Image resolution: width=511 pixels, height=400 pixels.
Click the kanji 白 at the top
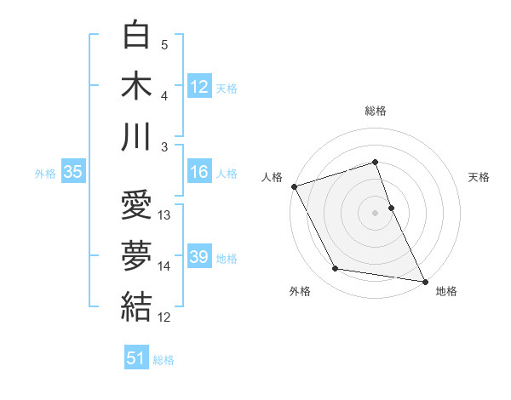pos(136,35)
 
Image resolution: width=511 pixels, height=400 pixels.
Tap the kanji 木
pos(136,85)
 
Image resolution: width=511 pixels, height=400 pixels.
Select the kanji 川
pos(136,136)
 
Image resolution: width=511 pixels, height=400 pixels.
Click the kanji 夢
pos(136,256)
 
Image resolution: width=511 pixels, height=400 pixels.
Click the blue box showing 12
pos(198,86)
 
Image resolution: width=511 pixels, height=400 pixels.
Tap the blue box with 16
pos(198,172)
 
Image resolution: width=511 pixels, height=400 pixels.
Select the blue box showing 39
pos(198,257)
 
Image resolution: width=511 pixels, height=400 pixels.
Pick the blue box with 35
pos(72,172)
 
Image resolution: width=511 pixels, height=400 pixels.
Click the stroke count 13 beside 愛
pos(165,215)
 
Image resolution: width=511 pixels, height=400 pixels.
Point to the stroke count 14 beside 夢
pos(165,266)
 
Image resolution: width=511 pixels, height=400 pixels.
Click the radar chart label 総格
pos(376,111)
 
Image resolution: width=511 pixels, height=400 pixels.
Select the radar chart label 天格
pos(479,177)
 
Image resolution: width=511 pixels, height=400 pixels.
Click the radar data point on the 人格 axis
pos(294,186)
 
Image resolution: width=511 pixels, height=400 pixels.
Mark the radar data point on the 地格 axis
pos(424,280)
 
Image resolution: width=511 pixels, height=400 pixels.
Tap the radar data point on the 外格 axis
pos(336,269)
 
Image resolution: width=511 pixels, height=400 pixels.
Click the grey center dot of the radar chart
pos(376,212)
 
